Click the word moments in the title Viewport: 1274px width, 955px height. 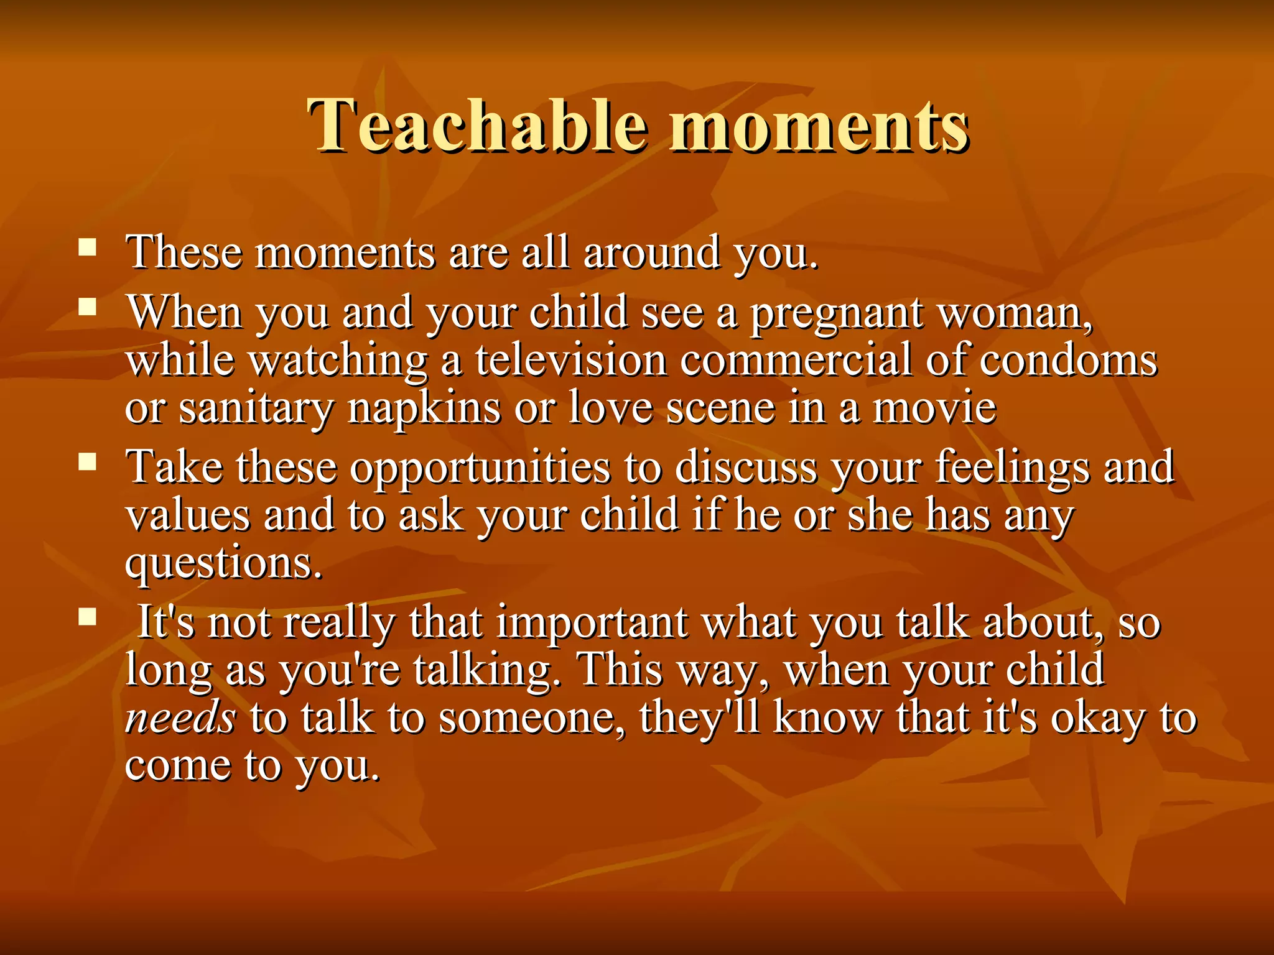pos(819,126)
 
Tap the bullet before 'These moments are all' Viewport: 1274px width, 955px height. pos(88,248)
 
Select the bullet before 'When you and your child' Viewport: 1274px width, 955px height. pos(88,307)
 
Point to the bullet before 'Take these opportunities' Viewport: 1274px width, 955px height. pos(88,461)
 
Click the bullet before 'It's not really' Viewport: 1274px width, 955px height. pos(88,617)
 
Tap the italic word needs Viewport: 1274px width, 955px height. pos(180,718)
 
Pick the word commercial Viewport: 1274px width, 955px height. pos(796,361)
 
